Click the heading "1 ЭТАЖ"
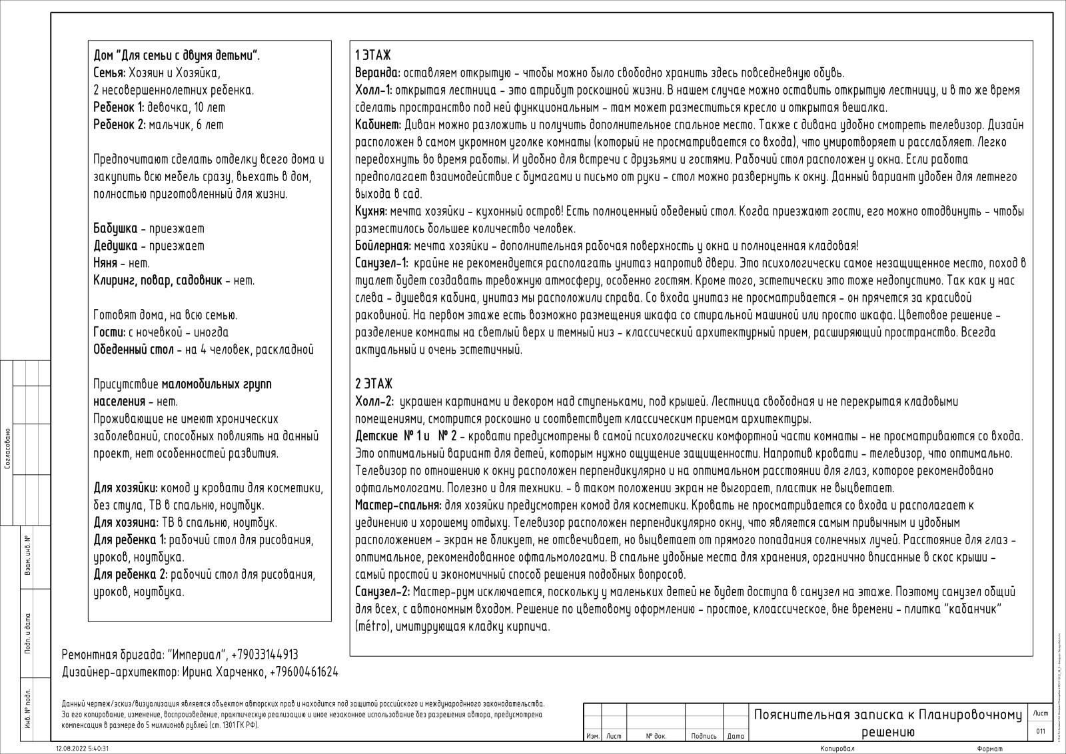tap(373, 55)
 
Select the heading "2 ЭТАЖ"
tap(374, 384)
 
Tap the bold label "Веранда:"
tap(378, 73)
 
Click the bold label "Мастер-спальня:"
tap(398, 505)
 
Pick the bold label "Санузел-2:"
tap(382, 591)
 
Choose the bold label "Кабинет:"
tap(378, 125)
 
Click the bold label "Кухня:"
tap(371, 211)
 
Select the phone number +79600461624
tap(304, 672)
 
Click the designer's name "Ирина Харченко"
tap(223, 672)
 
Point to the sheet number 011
tap(1040, 731)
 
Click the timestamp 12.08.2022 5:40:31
tap(83, 749)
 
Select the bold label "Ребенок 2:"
tap(120, 125)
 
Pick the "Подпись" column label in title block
tap(704, 736)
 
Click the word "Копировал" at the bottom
tap(837, 749)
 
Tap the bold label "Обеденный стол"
tap(133, 350)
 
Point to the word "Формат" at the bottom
tap(990, 749)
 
